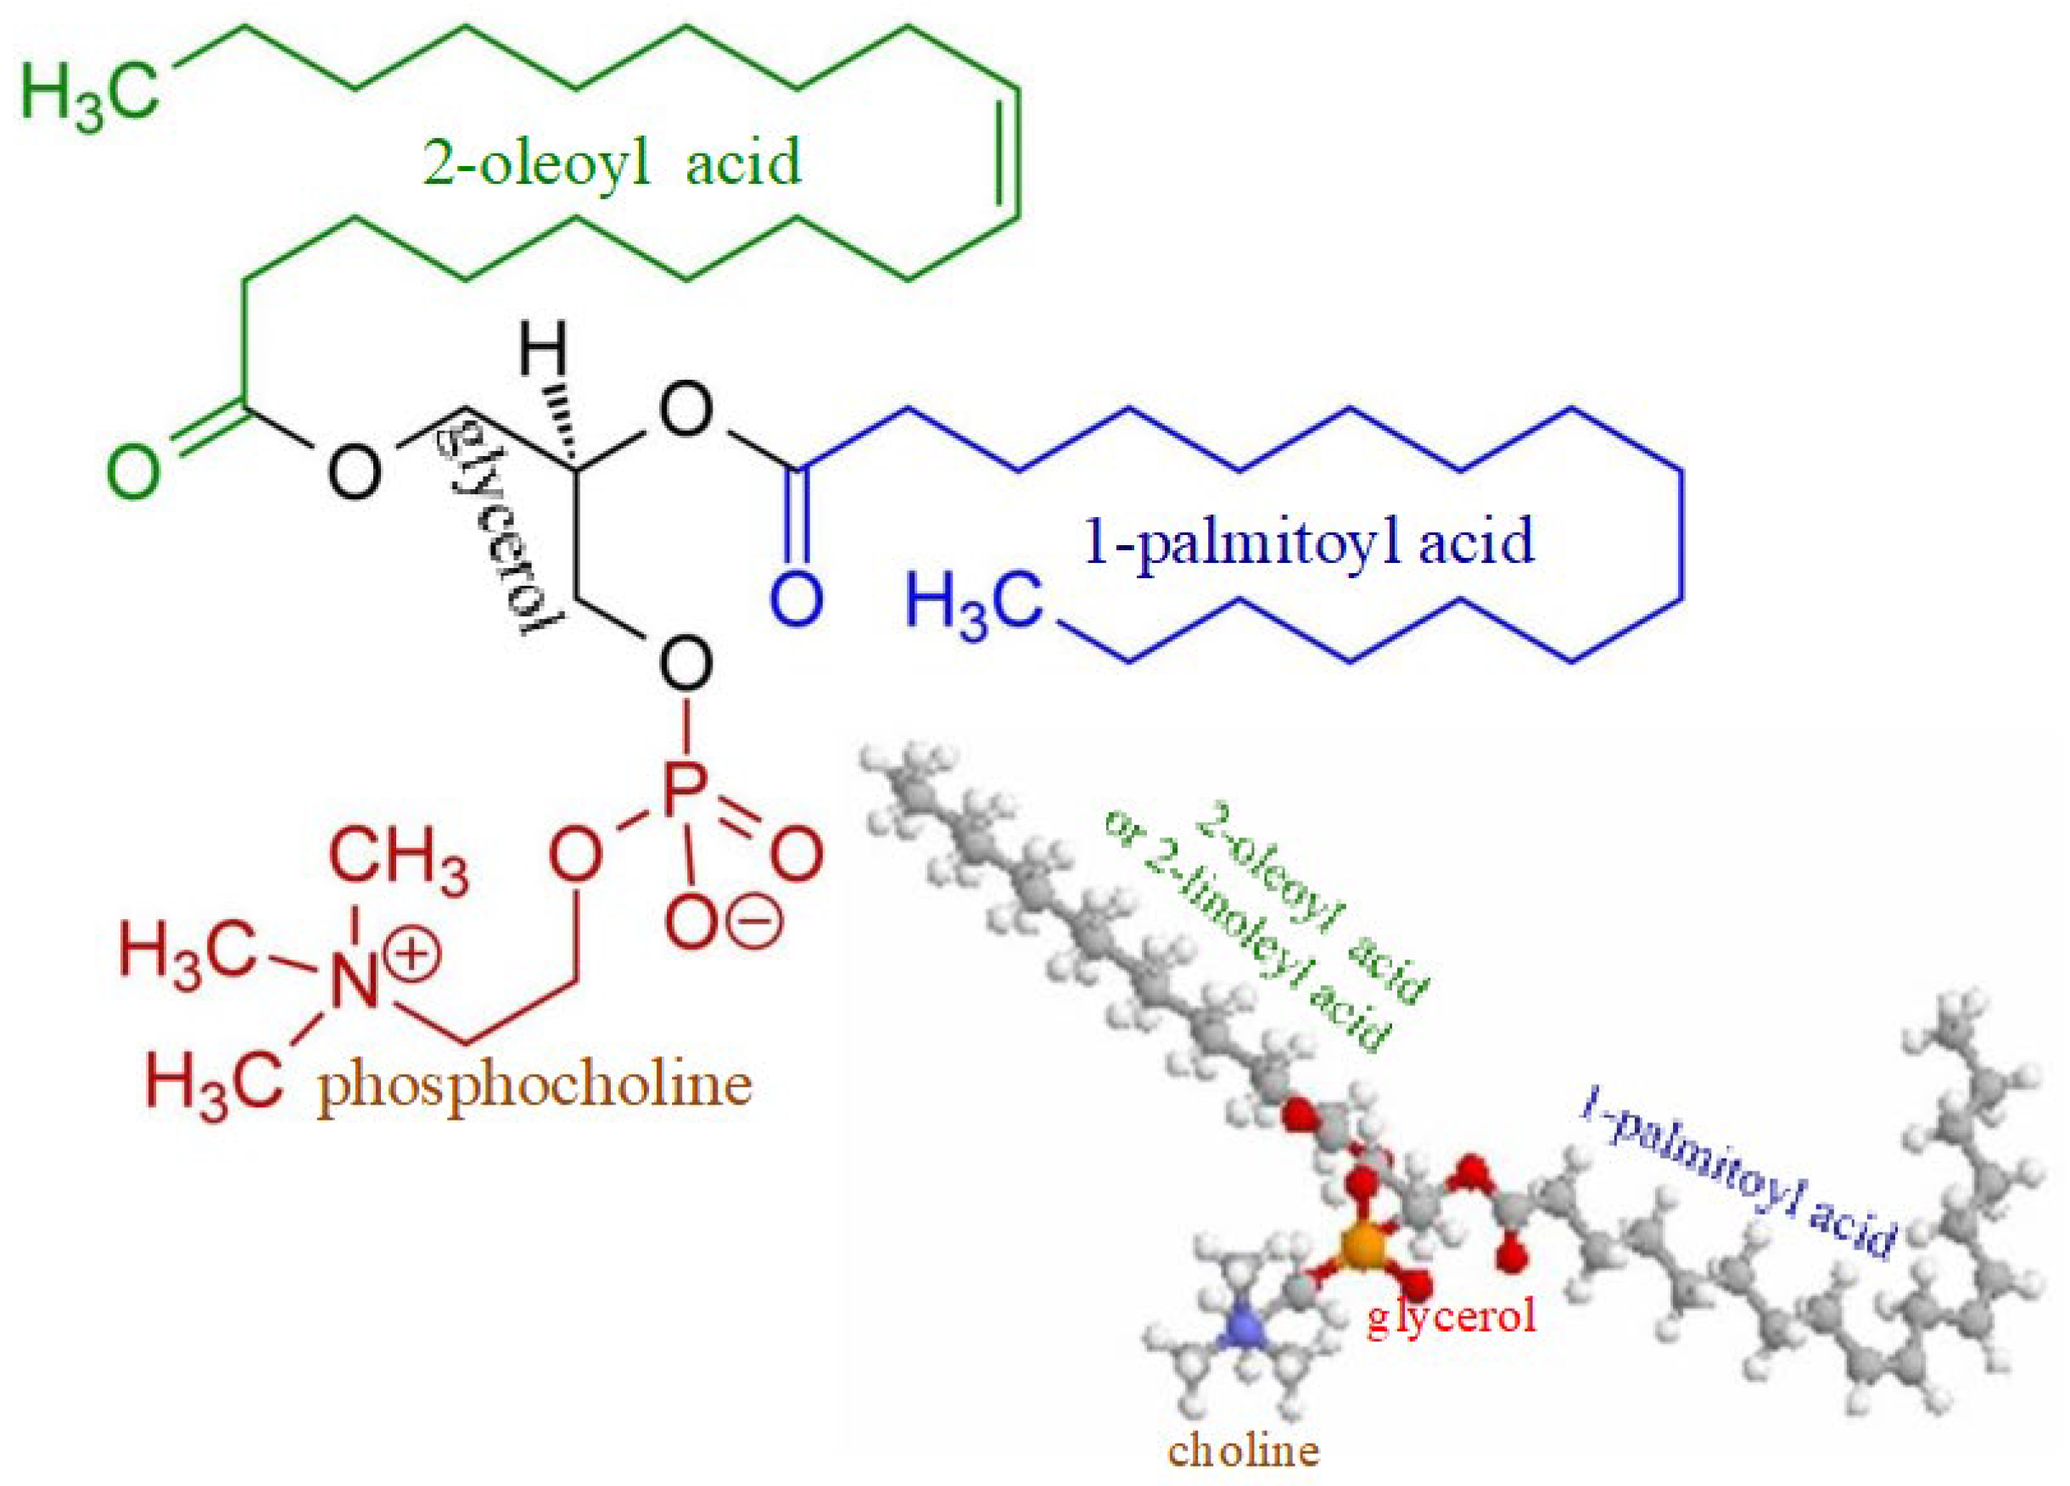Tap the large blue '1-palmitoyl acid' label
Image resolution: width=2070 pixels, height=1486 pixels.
[x=1309, y=542]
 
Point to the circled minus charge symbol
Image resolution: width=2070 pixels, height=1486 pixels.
[x=756, y=921]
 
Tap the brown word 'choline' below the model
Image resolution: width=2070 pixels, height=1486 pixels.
[x=1244, y=1450]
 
